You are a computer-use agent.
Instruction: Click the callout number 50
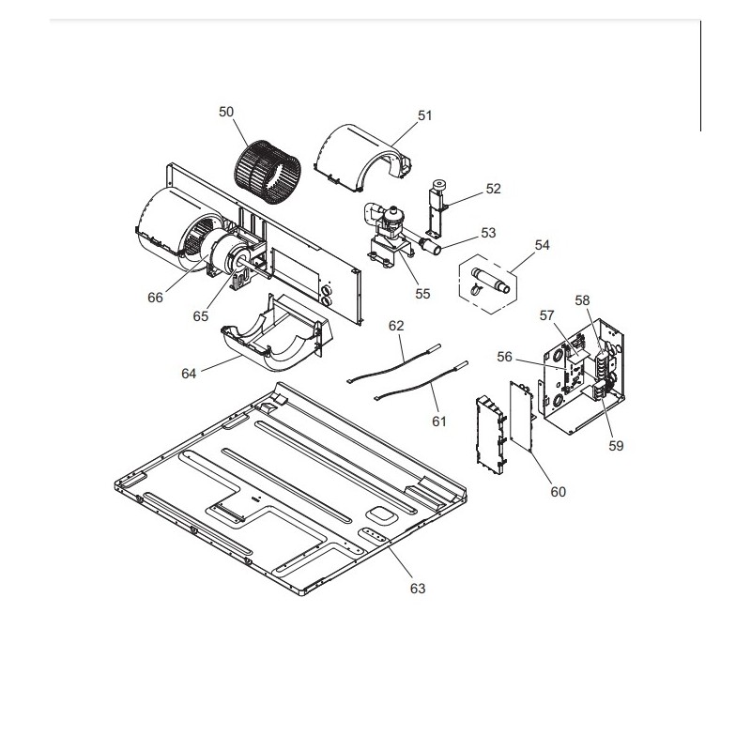coord(226,112)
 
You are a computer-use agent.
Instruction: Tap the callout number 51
coord(425,115)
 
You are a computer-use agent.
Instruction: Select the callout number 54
coord(543,245)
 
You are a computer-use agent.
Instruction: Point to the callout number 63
coord(418,589)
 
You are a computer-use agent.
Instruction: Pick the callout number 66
coord(155,298)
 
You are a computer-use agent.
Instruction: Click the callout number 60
coord(558,491)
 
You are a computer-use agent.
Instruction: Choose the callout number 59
coord(616,445)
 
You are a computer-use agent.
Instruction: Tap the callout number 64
coord(189,373)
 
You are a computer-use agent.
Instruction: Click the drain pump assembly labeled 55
coord(389,235)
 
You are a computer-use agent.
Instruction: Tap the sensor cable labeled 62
coord(393,363)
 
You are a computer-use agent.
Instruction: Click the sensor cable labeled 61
coord(421,381)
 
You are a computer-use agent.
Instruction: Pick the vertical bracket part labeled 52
coord(437,207)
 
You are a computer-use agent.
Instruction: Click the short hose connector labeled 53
coord(430,246)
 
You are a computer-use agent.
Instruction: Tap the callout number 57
coord(546,315)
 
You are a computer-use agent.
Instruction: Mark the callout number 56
coord(504,357)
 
